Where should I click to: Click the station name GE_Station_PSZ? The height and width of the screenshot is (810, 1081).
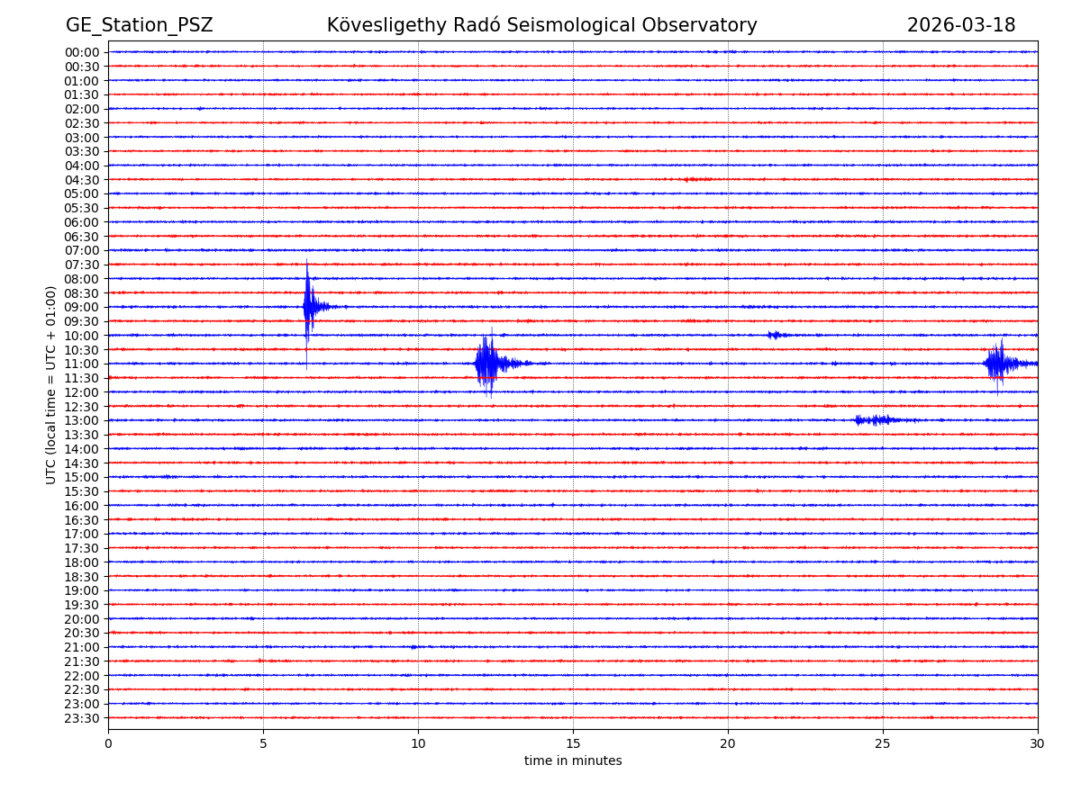click(x=139, y=25)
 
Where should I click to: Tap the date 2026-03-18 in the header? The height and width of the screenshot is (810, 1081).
click(x=960, y=25)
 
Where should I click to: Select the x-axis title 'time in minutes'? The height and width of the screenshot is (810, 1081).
click(x=573, y=760)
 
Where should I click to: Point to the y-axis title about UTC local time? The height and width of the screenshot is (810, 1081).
click(x=51, y=384)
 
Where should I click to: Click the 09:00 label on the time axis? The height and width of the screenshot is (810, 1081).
click(x=81, y=307)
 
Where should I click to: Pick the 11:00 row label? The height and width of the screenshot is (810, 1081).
click(x=81, y=364)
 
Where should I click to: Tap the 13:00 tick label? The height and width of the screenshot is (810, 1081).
click(x=81, y=420)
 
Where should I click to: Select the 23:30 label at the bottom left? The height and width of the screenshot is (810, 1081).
click(x=81, y=718)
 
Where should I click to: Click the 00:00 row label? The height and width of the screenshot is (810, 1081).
click(x=81, y=52)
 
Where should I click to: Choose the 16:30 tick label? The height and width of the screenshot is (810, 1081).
click(x=81, y=519)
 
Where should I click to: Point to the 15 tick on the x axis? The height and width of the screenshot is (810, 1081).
click(x=573, y=743)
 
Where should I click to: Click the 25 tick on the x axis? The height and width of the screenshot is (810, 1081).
click(x=883, y=743)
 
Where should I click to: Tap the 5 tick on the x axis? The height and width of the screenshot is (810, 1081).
click(x=263, y=743)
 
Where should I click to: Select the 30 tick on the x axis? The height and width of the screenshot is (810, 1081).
click(x=1038, y=743)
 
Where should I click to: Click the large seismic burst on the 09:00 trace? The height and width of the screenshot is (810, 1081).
click(x=309, y=307)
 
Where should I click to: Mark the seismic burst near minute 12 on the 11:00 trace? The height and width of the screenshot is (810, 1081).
click(x=487, y=364)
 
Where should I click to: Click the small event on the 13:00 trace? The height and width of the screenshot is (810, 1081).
click(x=874, y=420)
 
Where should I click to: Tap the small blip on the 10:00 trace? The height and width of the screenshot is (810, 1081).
click(x=775, y=335)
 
